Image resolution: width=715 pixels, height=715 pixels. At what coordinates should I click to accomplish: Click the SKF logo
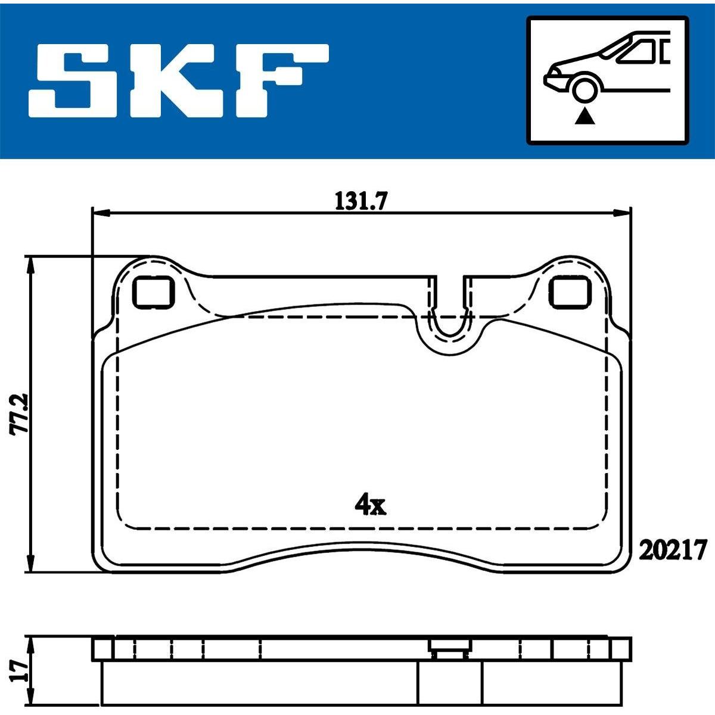179,81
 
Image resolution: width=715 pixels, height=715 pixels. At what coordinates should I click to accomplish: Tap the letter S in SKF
79,81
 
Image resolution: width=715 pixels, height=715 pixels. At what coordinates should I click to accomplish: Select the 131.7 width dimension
361,202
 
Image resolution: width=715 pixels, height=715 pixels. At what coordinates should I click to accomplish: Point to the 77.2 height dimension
18,414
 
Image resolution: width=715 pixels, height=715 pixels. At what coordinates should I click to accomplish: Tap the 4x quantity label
370,505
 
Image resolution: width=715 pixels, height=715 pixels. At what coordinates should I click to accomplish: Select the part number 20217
672,551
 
